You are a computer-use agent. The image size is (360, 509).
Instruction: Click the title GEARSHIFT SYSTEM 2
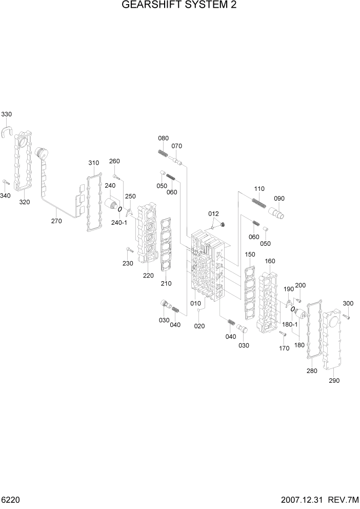pyautogui.click(x=179, y=6)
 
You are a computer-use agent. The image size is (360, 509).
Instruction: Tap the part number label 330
pyautogui.click(x=7, y=114)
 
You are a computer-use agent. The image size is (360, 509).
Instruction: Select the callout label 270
pyautogui.click(x=56, y=221)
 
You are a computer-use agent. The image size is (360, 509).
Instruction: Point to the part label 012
pyautogui.click(x=213, y=213)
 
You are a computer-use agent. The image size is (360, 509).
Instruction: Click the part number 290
pyautogui.click(x=334, y=380)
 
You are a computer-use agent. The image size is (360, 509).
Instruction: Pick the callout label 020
pyautogui.click(x=200, y=326)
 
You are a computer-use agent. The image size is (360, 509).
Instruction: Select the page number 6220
pyautogui.click(x=11, y=500)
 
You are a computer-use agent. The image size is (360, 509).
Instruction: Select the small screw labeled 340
pyautogui.click(x=5, y=182)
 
